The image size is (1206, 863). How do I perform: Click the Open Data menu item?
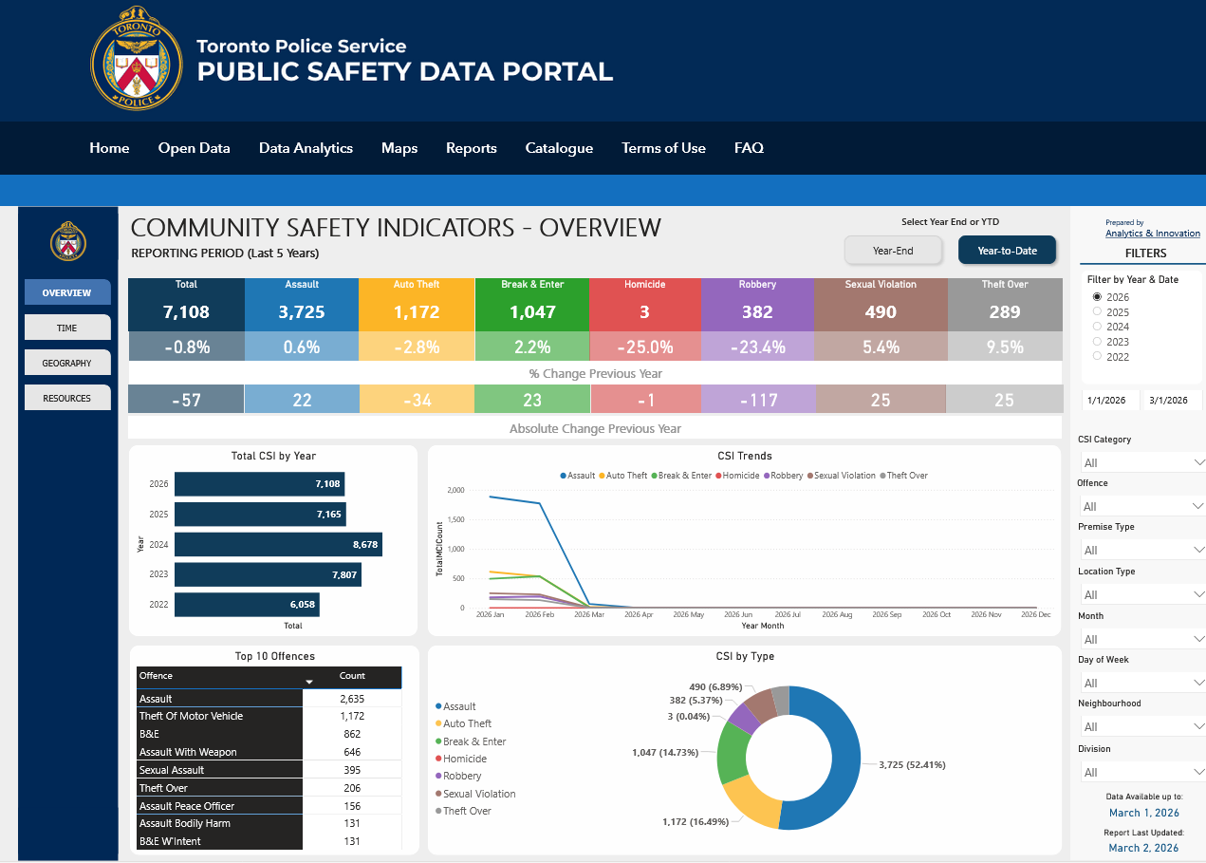coord(194,148)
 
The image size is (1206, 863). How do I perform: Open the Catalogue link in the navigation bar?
coord(559,148)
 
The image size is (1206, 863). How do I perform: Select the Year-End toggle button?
coord(893,251)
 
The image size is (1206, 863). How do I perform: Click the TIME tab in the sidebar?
coord(66,328)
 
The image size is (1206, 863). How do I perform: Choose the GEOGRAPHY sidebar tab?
coord(66,363)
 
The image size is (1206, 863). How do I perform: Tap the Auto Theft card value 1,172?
coord(417,311)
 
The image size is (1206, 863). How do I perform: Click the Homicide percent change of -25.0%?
coord(645,347)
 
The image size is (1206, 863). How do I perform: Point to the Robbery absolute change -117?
coord(757,400)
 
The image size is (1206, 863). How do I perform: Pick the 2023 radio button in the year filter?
coord(1098,342)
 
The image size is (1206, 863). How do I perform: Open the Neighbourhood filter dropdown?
coord(1141,726)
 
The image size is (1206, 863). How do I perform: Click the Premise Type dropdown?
coord(1141,550)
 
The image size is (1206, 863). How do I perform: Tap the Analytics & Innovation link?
coord(1152,234)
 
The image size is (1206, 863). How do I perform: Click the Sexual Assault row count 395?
coord(352,770)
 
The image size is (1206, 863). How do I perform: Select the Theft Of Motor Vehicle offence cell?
coord(219,716)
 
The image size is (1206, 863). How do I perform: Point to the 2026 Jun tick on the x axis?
coord(738,615)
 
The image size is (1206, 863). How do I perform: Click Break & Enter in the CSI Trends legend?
coord(683,476)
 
